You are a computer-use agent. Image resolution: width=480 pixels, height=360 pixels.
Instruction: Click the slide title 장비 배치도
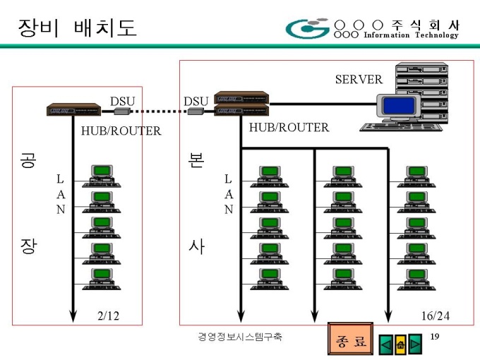[x=77, y=28]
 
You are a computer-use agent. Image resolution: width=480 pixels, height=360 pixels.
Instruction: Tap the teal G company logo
[x=307, y=28]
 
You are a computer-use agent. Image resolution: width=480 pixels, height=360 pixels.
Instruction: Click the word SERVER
[x=359, y=80]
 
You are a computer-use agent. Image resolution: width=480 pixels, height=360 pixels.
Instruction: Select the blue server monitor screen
[x=398, y=106]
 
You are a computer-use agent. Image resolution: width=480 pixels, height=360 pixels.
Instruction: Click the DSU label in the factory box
[x=122, y=102]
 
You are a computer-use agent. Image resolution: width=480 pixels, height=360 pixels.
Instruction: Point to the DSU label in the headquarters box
[x=196, y=102]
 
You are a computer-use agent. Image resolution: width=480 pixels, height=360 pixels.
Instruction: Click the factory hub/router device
[x=73, y=109]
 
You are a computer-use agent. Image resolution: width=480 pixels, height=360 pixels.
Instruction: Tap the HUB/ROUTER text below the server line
[x=289, y=127]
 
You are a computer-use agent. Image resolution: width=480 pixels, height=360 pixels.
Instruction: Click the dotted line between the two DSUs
[x=159, y=112]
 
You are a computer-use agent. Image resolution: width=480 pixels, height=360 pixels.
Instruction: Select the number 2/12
[x=109, y=316]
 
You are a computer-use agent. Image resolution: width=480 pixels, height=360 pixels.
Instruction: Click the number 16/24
[x=436, y=316]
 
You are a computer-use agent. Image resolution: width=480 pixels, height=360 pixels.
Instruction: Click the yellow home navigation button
[x=400, y=344]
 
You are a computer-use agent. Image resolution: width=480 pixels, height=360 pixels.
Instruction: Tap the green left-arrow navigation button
[x=386, y=344]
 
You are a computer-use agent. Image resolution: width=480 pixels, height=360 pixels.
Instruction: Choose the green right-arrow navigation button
[x=414, y=344]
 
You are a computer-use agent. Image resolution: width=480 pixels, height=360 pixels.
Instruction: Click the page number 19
[x=435, y=337]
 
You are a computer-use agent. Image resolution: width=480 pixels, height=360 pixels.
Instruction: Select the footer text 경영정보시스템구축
[x=240, y=337]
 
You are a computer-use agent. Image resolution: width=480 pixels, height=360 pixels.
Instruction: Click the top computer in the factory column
[x=102, y=176]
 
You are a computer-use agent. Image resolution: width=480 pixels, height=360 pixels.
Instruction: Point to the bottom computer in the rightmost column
[x=416, y=280]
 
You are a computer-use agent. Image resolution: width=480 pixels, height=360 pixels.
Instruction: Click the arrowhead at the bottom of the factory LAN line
[x=73, y=316]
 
